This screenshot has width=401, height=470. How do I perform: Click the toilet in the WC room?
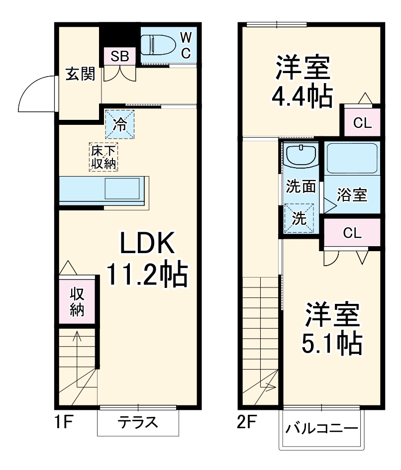[x=158, y=45]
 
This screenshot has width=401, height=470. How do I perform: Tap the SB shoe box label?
[x=120, y=56]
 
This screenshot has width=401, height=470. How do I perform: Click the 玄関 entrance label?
[x=80, y=74]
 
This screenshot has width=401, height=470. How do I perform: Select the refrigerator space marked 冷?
[x=120, y=124]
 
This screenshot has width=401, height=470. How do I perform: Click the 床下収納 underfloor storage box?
[x=103, y=157]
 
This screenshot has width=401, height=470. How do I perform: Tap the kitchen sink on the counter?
[x=122, y=189]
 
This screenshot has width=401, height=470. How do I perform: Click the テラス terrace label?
[x=138, y=422]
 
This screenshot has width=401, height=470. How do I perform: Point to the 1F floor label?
[x=64, y=422]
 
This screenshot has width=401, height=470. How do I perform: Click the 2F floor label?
[x=247, y=422]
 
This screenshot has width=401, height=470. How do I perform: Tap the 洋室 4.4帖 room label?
[x=302, y=82]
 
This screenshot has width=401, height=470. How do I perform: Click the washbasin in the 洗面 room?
[x=301, y=155]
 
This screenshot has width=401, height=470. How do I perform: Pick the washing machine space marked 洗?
[x=299, y=218]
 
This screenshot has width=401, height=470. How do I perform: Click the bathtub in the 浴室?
[x=352, y=159]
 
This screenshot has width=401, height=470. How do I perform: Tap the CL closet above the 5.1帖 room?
[x=352, y=233]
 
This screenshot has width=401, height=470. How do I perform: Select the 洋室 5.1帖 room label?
[x=332, y=329]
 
